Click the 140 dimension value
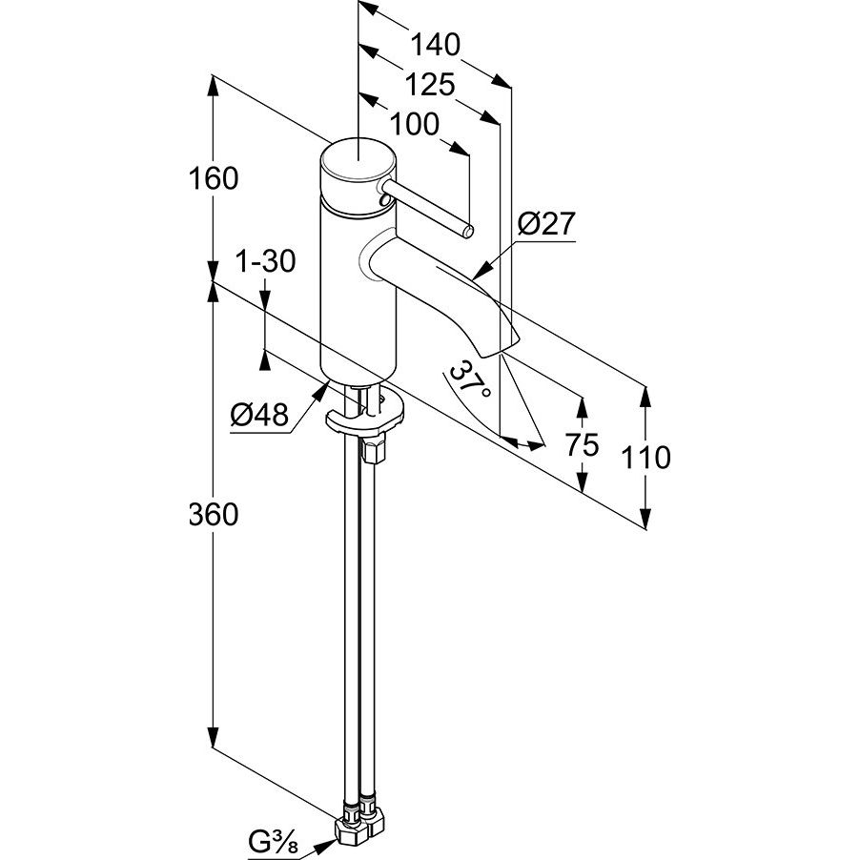coord(436,45)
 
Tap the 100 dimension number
coord(415,124)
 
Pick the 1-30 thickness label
coord(266,261)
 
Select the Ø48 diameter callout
coord(259,414)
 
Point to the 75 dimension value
coord(582,443)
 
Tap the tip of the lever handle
coord(467,230)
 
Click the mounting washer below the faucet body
coord(364,417)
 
